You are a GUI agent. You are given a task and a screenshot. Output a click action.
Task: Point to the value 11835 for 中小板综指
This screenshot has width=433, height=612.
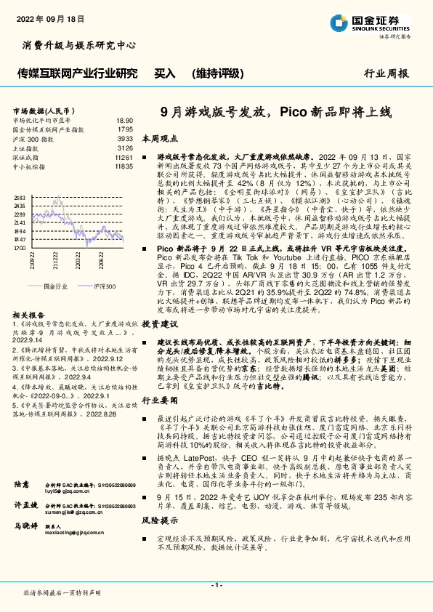pos(123,166)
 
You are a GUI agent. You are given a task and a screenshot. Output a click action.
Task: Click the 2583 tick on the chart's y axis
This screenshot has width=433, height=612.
pos(20,198)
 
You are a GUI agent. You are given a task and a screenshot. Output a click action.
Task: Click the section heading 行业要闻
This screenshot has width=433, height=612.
pos(159,400)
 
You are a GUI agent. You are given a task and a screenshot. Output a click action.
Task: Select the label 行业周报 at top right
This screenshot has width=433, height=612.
pos(387,73)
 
